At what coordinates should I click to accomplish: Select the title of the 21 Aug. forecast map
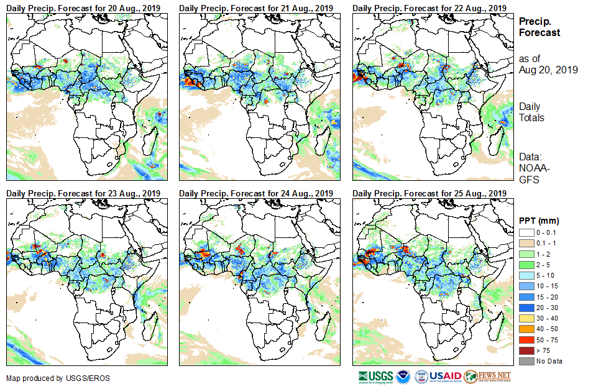pos(256,7)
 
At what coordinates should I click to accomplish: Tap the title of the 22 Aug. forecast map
pos(429,7)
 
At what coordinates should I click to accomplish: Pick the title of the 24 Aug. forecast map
pos(256,193)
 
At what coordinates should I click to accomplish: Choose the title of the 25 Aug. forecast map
pos(429,193)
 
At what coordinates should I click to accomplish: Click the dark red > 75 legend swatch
pos(526,351)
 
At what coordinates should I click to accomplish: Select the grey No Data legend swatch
pos(526,361)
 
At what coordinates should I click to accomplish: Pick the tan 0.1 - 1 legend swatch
pos(526,242)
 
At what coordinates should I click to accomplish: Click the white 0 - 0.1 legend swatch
pos(526,232)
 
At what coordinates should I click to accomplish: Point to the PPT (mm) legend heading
pos(539,221)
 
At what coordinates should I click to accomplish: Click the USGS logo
pos(375,377)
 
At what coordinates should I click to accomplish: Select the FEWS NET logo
pos(487,377)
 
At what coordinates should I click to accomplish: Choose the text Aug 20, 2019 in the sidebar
pos(548,70)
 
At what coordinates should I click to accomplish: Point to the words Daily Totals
pos(531,112)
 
